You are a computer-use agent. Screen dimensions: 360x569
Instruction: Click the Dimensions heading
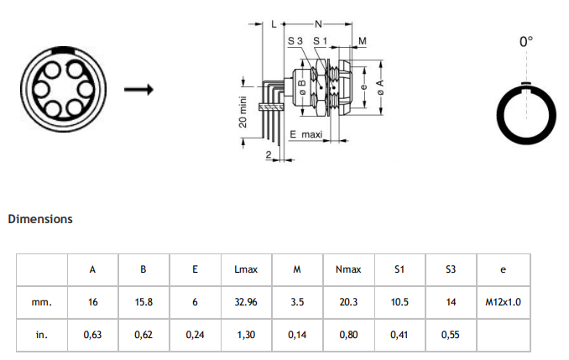point(39,219)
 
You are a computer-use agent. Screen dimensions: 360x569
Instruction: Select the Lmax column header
point(246,269)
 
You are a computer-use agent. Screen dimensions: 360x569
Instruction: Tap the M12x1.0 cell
point(503,302)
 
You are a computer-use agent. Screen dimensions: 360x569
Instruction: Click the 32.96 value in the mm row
point(246,302)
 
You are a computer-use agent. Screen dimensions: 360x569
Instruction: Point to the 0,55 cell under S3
point(452,334)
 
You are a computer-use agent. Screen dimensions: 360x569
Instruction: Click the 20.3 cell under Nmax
point(348,302)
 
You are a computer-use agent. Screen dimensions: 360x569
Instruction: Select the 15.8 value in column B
point(144,302)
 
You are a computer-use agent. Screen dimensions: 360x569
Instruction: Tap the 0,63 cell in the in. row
point(92,334)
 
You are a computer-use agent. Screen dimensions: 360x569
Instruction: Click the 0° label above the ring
point(525,40)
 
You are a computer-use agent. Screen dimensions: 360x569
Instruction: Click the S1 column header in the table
point(399,269)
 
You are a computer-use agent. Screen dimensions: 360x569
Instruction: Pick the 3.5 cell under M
point(297,302)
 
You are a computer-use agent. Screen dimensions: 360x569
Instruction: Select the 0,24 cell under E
point(195,334)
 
